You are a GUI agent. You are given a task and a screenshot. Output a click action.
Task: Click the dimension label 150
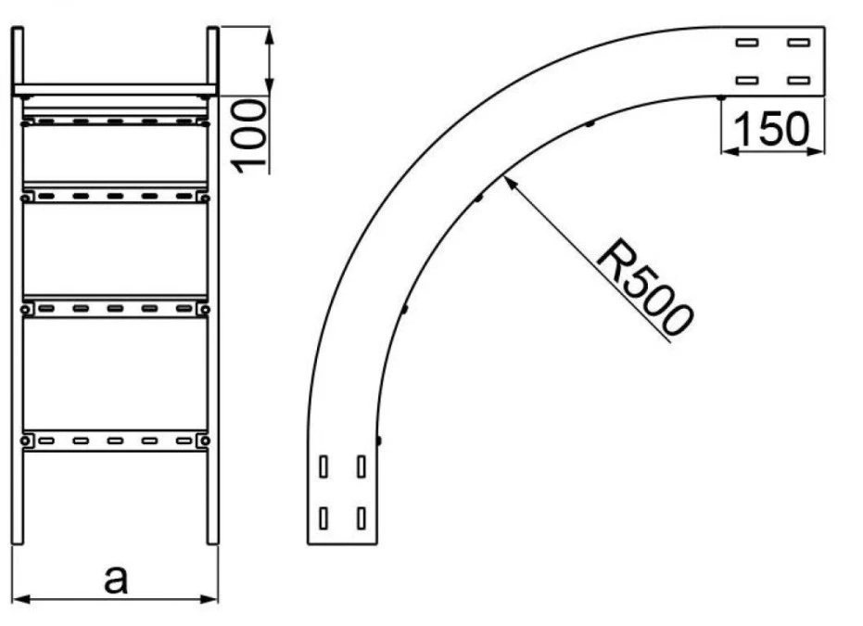tap(771, 129)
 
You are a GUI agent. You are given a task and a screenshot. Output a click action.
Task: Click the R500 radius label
tap(645, 287)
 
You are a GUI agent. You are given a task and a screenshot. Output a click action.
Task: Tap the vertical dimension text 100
tap(248, 136)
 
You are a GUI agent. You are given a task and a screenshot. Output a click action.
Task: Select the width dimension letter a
tap(116, 580)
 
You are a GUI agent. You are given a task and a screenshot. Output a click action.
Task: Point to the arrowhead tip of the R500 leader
tap(503, 175)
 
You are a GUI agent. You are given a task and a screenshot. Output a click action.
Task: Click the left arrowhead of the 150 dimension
tap(722, 151)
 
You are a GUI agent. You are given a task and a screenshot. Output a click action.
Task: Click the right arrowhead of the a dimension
tap(217, 598)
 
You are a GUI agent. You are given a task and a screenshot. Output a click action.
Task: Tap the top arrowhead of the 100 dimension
tap(269, 28)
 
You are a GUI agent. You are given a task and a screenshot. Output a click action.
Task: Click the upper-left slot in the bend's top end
tap(747, 43)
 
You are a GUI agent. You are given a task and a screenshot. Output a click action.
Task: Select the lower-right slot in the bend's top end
tap(799, 81)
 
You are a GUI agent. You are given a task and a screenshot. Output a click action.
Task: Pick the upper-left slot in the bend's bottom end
tap(324, 466)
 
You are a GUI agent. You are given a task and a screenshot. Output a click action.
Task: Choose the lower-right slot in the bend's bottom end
tap(362, 518)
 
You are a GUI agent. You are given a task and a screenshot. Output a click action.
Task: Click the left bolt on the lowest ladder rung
tap(25, 441)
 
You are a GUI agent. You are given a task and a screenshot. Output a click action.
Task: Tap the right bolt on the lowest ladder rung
tap(205, 441)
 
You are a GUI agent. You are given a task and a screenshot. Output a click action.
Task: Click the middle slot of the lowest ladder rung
tap(115, 441)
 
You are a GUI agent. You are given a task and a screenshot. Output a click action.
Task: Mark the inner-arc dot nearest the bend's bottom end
tap(378, 441)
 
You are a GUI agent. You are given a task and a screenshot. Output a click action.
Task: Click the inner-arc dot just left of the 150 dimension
tap(721, 98)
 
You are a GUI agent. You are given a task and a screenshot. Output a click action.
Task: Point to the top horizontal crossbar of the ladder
tap(115, 89)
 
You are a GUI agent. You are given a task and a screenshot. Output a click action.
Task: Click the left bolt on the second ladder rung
tap(25, 198)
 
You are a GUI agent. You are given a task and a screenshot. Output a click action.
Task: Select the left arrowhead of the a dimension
tap(13, 598)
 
